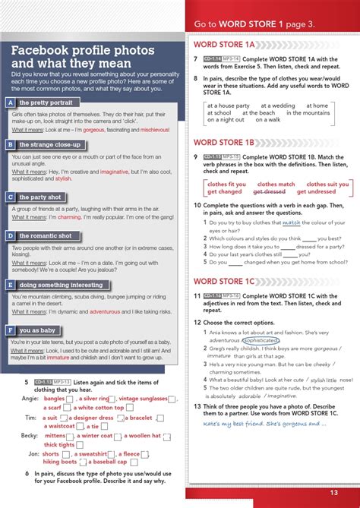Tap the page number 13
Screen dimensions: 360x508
click(x=333, y=492)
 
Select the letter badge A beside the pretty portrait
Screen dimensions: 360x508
click(x=11, y=103)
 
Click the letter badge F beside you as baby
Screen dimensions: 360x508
click(x=11, y=330)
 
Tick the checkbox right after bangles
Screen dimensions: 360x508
click(x=70, y=399)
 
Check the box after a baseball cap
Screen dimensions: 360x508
click(x=133, y=462)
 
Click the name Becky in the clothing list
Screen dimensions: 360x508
click(x=29, y=436)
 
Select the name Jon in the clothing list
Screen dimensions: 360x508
click(x=33, y=453)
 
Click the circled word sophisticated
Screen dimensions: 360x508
click(x=262, y=341)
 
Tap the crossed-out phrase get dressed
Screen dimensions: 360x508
click(x=269, y=192)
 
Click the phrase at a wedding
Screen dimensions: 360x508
click(x=278, y=106)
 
